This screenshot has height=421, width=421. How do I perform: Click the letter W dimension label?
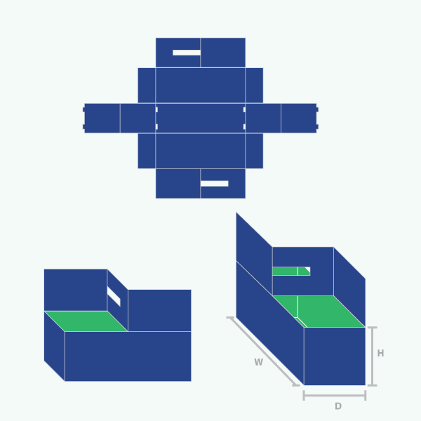pos(258,362)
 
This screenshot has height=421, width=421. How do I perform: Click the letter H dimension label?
pos(380,353)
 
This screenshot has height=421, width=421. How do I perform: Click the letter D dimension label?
pos(338,406)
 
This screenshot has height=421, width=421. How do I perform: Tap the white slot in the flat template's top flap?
pos(187,53)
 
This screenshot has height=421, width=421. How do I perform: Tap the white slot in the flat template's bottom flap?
pos(214,184)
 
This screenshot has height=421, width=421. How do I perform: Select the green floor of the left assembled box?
pos(86,321)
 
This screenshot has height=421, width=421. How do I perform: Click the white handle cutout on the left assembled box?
pos(114,296)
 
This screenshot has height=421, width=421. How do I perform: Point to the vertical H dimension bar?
pos(373,356)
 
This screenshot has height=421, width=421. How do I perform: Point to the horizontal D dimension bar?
pos(335,396)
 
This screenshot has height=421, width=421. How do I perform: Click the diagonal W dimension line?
pos(263,352)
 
